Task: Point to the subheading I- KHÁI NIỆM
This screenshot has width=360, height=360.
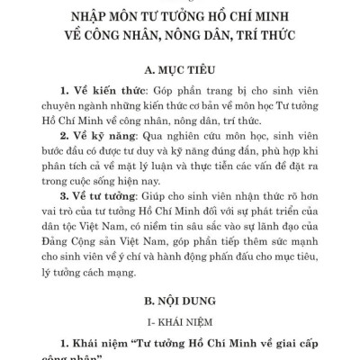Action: [180, 321]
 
